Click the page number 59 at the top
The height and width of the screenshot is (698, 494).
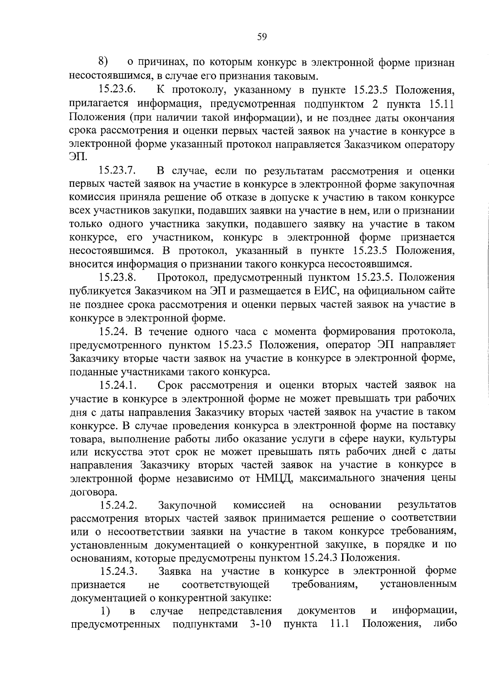(x=262, y=37)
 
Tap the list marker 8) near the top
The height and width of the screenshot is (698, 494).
(x=103, y=62)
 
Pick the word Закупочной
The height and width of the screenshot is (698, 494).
(x=187, y=505)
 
